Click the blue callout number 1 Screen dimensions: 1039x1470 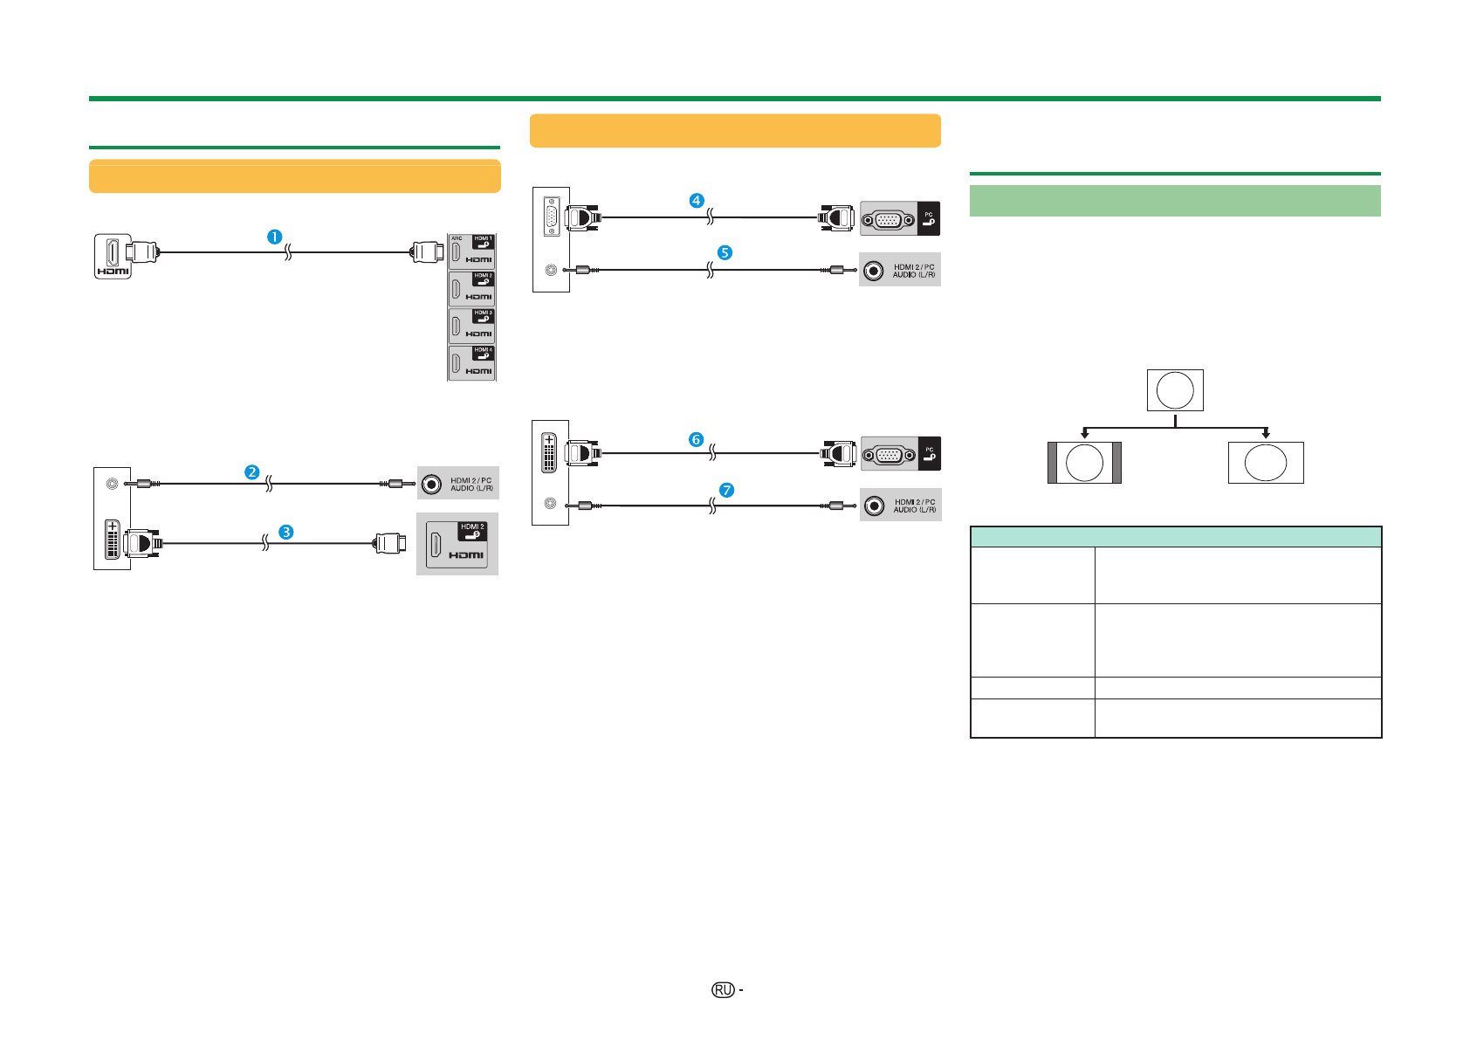coord(274,237)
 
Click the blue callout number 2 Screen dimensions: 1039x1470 coord(251,472)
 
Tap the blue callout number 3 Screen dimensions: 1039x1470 coord(285,532)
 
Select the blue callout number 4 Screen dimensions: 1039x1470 coord(696,201)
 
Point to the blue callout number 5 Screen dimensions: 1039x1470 coord(725,252)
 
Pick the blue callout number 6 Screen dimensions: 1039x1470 coord(696,439)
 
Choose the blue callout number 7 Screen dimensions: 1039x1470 coord(726,491)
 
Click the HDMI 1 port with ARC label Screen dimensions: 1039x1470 coord(471,251)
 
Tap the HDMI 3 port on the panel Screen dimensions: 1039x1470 coord(471,326)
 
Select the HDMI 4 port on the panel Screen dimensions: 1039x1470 coord(471,363)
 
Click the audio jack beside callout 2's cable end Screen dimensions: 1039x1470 coord(431,484)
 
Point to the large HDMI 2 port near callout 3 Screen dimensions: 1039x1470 coord(457,544)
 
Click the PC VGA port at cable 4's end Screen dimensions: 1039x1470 coord(888,219)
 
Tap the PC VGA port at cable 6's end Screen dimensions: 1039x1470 coord(889,454)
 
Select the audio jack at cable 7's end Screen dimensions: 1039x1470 coord(874,506)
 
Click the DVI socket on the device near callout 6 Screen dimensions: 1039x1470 coord(549,452)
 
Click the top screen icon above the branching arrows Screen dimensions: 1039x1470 coord(1175,390)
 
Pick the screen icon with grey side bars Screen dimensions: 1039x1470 coord(1084,463)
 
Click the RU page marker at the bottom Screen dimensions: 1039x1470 coord(722,990)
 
